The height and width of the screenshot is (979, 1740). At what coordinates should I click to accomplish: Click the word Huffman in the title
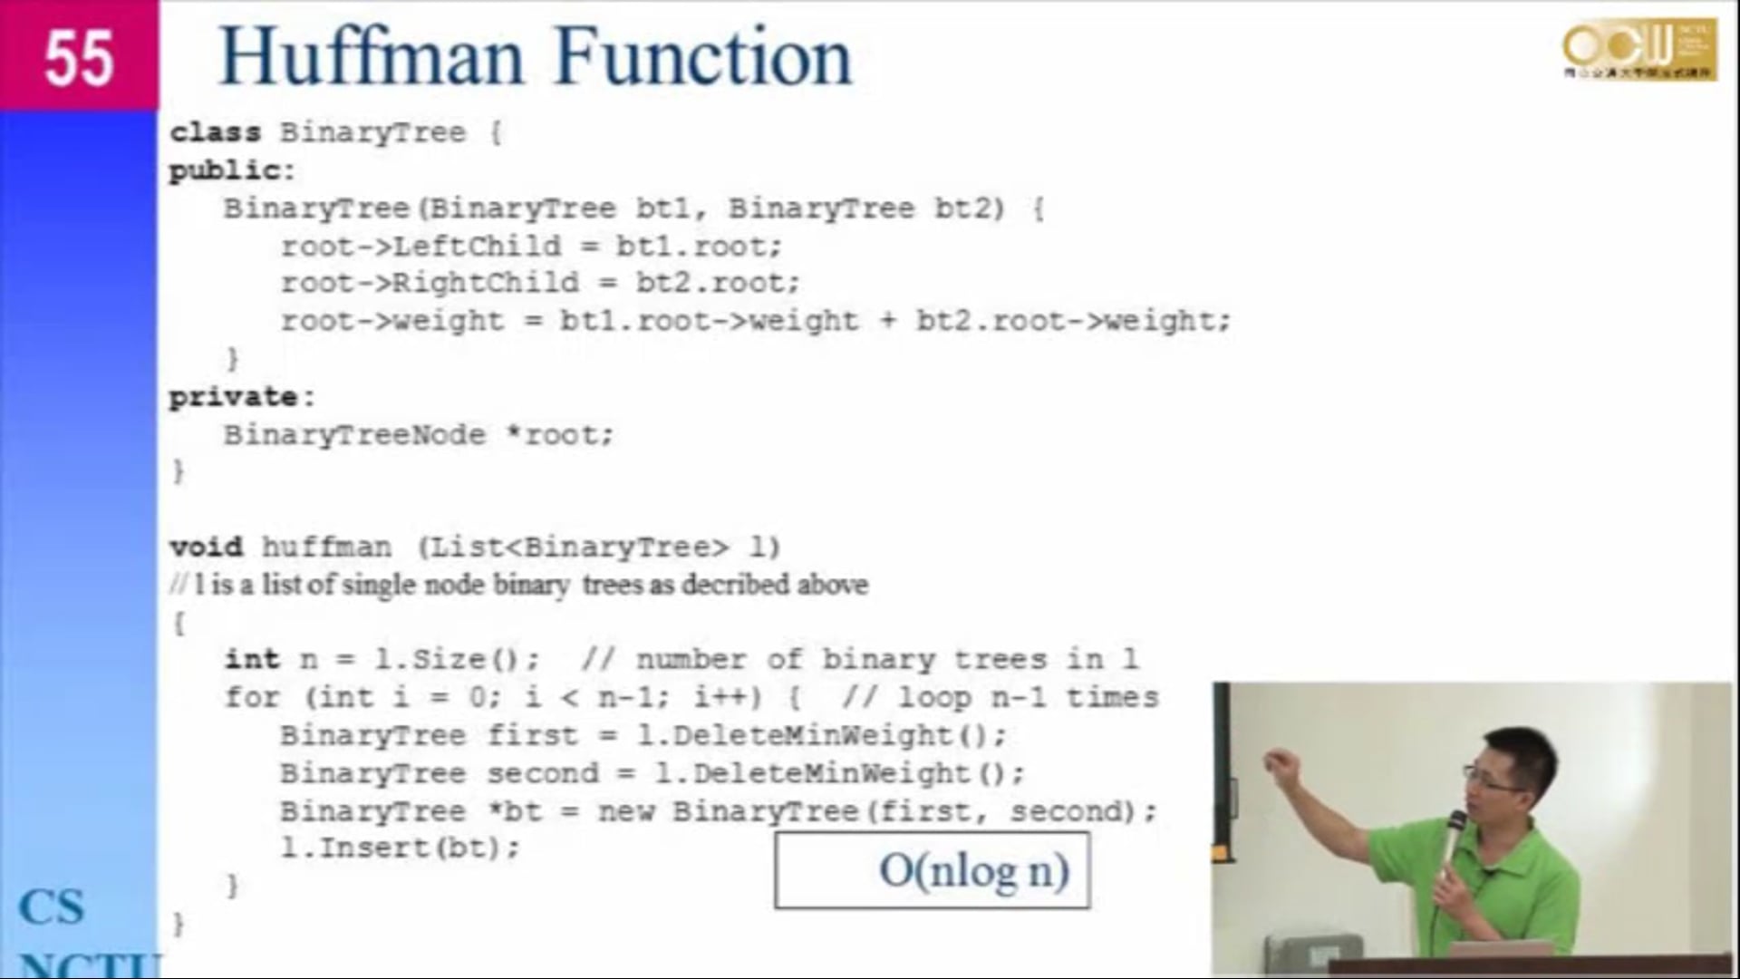(372, 57)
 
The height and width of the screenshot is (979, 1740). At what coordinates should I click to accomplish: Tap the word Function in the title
(703, 57)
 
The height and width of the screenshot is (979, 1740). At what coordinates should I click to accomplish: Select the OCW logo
(1638, 50)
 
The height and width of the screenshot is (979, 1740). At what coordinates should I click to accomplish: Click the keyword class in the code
(215, 132)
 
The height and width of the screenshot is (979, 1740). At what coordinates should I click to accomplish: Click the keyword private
(234, 397)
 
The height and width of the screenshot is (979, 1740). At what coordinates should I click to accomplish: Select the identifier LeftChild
(477, 246)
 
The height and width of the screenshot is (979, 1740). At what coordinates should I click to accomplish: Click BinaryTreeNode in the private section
(354, 435)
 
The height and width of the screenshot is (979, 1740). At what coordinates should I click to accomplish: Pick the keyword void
(207, 548)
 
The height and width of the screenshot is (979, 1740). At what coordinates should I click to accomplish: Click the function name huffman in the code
(326, 548)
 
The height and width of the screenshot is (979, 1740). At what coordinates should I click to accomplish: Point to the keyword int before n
(252, 659)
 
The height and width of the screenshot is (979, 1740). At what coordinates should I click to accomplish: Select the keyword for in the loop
(252, 697)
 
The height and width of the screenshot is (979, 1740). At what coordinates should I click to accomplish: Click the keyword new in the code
(625, 811)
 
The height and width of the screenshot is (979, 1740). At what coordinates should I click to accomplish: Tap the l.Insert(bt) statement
(400, 848)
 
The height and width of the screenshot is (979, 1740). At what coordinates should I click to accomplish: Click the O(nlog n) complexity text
(974, 871)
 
